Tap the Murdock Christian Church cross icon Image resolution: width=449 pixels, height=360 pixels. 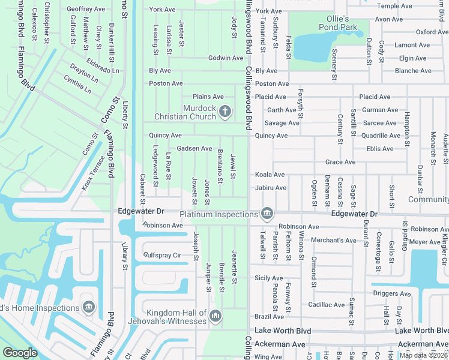[x=225, y=110]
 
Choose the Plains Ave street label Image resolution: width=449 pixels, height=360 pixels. [x=208, y=97]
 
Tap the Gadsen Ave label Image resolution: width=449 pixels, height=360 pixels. [x=194, y=148]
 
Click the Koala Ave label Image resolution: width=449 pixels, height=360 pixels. [x=270, y=175]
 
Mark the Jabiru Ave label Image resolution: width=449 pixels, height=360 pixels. [x=270, y=188]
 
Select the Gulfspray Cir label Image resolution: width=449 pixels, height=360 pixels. [x=162, y=255]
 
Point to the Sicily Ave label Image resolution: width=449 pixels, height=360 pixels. [x=268, y=278]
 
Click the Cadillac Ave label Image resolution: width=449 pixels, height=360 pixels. [x=327, y=305]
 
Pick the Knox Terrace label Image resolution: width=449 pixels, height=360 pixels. [x=93, y=173]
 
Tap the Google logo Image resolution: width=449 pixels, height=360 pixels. [x=20, y=353]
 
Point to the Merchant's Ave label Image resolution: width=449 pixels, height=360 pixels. [x=334, y=241]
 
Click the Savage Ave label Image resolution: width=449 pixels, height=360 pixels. [x=282, y=123]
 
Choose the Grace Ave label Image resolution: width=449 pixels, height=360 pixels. [x=340, y=162]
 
